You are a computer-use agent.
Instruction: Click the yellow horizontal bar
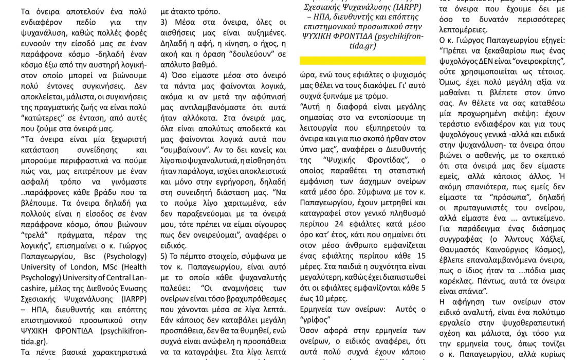tap(362, 61)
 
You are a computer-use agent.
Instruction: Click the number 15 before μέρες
tap(420, 256)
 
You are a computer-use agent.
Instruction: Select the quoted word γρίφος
tap(315, 319)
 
